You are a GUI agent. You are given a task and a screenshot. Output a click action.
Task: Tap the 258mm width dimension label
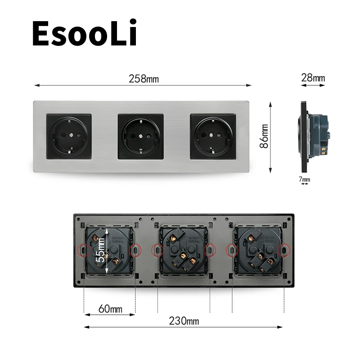click(x=144, y=79)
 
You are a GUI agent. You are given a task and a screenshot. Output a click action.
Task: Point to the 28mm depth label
click(x=313, y=78)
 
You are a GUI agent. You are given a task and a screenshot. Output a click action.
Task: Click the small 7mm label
click(x=305, y=180)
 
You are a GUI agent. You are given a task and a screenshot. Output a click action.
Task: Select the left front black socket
click(x=68, y=136)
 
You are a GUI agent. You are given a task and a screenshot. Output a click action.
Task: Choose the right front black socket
click(x=212, y=136)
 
